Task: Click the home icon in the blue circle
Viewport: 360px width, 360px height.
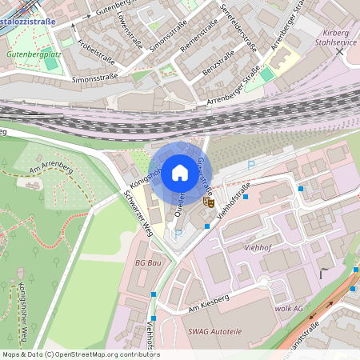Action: [180, 172]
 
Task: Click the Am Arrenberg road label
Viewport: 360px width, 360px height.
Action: [50, 168]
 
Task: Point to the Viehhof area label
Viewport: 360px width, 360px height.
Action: [260, 248]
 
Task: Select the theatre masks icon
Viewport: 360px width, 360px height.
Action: [207, 203]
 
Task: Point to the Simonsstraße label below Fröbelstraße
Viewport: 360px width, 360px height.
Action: [95, 79]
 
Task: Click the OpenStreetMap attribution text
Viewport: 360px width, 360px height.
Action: [81, 354]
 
